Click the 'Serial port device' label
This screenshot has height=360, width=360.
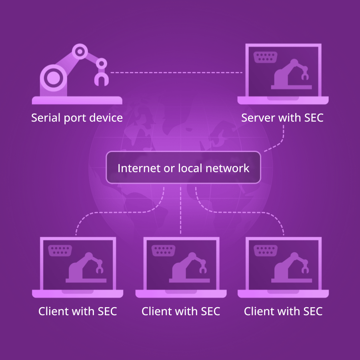pos(77,118)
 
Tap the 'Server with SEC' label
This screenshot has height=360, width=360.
pos(282,118)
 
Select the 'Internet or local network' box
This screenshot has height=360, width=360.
pos(183,168)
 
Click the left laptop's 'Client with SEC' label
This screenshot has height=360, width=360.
pos(78,311)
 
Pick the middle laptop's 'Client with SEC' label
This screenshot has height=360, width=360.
pos(181,311)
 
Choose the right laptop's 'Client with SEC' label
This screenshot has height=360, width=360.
pos(283,311)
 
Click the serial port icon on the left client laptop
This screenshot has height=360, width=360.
pos(60,251)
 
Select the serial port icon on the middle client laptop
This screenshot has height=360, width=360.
pos(163,251)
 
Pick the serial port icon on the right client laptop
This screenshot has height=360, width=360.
pos(266,251)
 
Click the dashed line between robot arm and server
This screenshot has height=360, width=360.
pos(176,73)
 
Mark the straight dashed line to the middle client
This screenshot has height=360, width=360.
pos(181,208)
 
